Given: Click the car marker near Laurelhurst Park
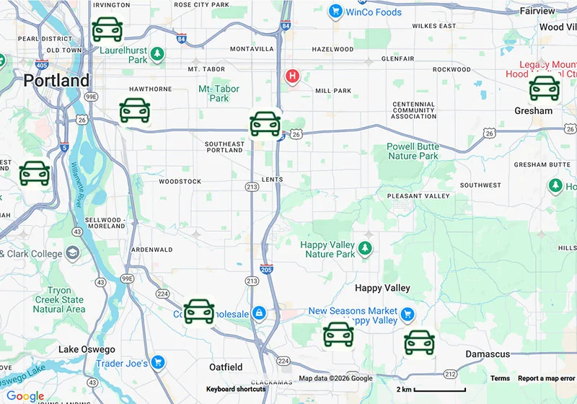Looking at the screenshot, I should coord(107,30).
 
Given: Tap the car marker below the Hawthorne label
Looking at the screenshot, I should coord(135,110).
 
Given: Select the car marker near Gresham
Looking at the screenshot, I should coord(545,88).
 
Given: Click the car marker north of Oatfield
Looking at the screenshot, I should coord(199,312).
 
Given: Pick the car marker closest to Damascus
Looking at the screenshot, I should coord(419,343).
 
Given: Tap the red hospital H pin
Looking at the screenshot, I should coord(292,76).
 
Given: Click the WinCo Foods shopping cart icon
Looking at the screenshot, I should coord(335,12).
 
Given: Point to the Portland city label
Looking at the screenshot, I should coord(56,81).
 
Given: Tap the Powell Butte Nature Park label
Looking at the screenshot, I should coord(413,151).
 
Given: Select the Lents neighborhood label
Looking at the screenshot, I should coord(273,180).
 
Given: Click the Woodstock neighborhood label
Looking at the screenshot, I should coord(180,181).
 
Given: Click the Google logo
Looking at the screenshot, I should coord(25,395).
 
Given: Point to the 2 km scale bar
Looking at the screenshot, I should coord(439,390).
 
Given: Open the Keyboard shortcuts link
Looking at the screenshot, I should coord(236,389).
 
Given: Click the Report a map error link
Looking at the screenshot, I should coord(546,378).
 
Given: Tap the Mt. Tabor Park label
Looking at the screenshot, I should coord(219,93).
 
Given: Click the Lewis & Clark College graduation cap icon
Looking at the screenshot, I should coord(73,253).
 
